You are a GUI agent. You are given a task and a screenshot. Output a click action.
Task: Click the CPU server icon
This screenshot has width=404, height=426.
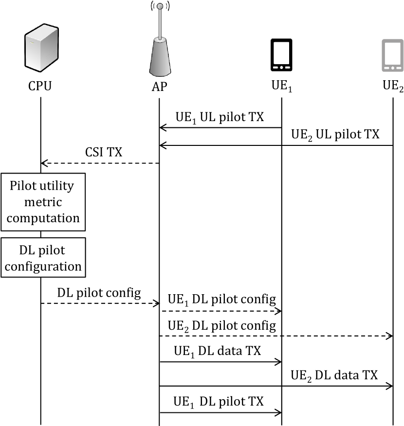pyautogui.click(x=41, y=48)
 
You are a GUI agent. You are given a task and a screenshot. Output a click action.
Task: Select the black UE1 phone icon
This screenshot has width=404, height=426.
pyautogui.click(x=281, y=55)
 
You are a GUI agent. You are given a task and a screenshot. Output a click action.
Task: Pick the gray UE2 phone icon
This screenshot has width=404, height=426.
pyautogui.click(x=393, y=55)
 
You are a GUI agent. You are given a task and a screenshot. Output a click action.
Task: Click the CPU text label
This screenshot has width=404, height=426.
pyautogui.click(x=40, y=86)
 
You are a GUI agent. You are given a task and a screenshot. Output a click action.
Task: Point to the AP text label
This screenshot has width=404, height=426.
pyautogui.click(x=159, y=87)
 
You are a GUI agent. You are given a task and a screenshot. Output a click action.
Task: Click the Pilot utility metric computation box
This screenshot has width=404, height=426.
pyautogui.click(x=43, y=202)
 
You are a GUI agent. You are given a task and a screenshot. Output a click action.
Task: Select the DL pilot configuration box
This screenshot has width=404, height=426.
pyautogui.click(x=43, y=258)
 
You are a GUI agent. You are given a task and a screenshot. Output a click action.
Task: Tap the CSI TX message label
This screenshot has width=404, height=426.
pyautogui.click(x=104, y=152)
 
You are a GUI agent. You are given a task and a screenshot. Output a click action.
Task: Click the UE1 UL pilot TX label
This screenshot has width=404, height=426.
pyautogui.click(x=220, y=117)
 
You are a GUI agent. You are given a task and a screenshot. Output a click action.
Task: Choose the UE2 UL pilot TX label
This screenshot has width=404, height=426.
pyautogui.click(x=335, y=135)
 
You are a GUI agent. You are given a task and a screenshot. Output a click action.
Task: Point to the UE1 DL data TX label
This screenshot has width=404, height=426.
pyautogui.click(x=218, y=351)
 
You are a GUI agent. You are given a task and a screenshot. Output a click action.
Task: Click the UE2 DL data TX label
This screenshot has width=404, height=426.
pyautogui.click(x=334, y=375)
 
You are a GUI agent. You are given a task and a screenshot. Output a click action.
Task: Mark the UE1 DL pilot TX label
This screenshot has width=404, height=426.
pyautogui.click(x=219, y=402)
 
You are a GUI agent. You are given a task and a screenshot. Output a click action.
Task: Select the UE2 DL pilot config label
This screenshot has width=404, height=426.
pyautogui.click(x=222, y=326)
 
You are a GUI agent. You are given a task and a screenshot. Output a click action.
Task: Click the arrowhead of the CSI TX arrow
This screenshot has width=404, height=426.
pyautogui.click(x=43, y=163)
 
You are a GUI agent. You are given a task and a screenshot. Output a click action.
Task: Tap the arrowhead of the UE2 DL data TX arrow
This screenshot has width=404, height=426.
pyautogui.click(x=390, y=386)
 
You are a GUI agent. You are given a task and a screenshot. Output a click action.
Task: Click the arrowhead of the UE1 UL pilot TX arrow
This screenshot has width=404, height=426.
pyautogui.click(x=162, y=127)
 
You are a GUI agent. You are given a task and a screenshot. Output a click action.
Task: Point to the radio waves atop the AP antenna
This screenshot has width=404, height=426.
pyautogui.click(x=160, y=6)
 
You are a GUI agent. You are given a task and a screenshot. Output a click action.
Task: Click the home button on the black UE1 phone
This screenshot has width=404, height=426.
pyautogui.click(x=281, y=68)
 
